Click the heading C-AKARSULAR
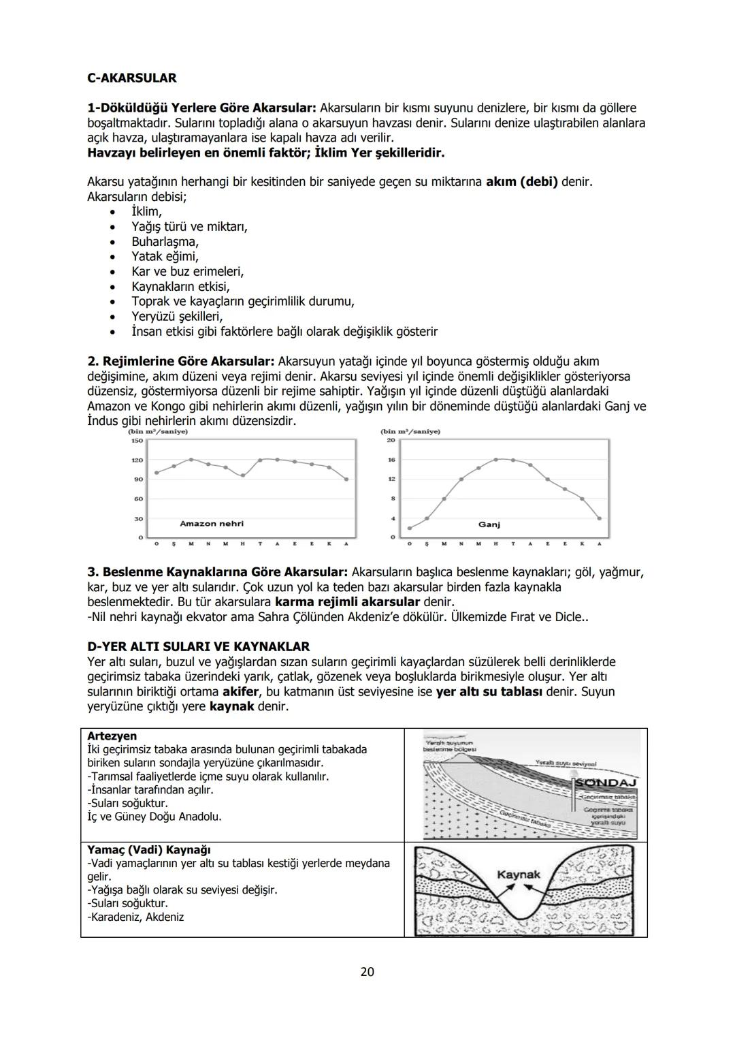pyautogui.click(x=132, y=78)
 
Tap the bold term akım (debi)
pyautogui.click(x=521, y=182)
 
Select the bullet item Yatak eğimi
pyautogui.click(x=165, y=256)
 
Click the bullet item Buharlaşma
pyautogui.click(x=165, y=241)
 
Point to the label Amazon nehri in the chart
pyautogui.click(x=211, y=524)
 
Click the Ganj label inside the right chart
pyautogui.click(x=489, y=524)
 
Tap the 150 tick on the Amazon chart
pyautogui.click(x=137, y=441)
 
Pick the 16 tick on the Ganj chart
pyautogui.click(x=391, y=460)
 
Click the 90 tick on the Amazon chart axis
pyautogui.click(x=138, y=479)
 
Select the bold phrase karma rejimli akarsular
pyautogui.click(x=347, y=602)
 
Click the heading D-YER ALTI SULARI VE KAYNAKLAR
pyautogui.click(x=199, y=646)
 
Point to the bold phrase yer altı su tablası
pyautogui.click(x=489, y=691)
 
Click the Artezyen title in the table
pyautogui.click(x=112, y=736)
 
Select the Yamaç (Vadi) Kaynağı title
pyautogui.click(x=149, y=850)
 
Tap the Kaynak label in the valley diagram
pyautogui.click(x=519, y=874)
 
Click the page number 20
pyautogui.click(x=367, y=971)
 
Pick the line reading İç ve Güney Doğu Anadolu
pyautogui.click(x=154, y=817)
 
